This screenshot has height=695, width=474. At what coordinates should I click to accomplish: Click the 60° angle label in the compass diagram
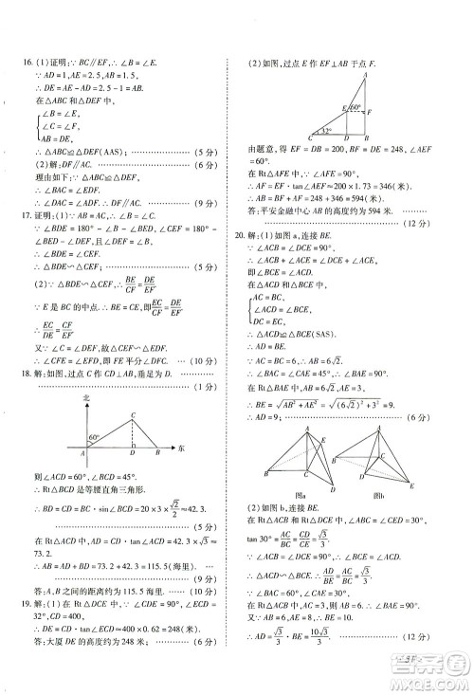point(96,437)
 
